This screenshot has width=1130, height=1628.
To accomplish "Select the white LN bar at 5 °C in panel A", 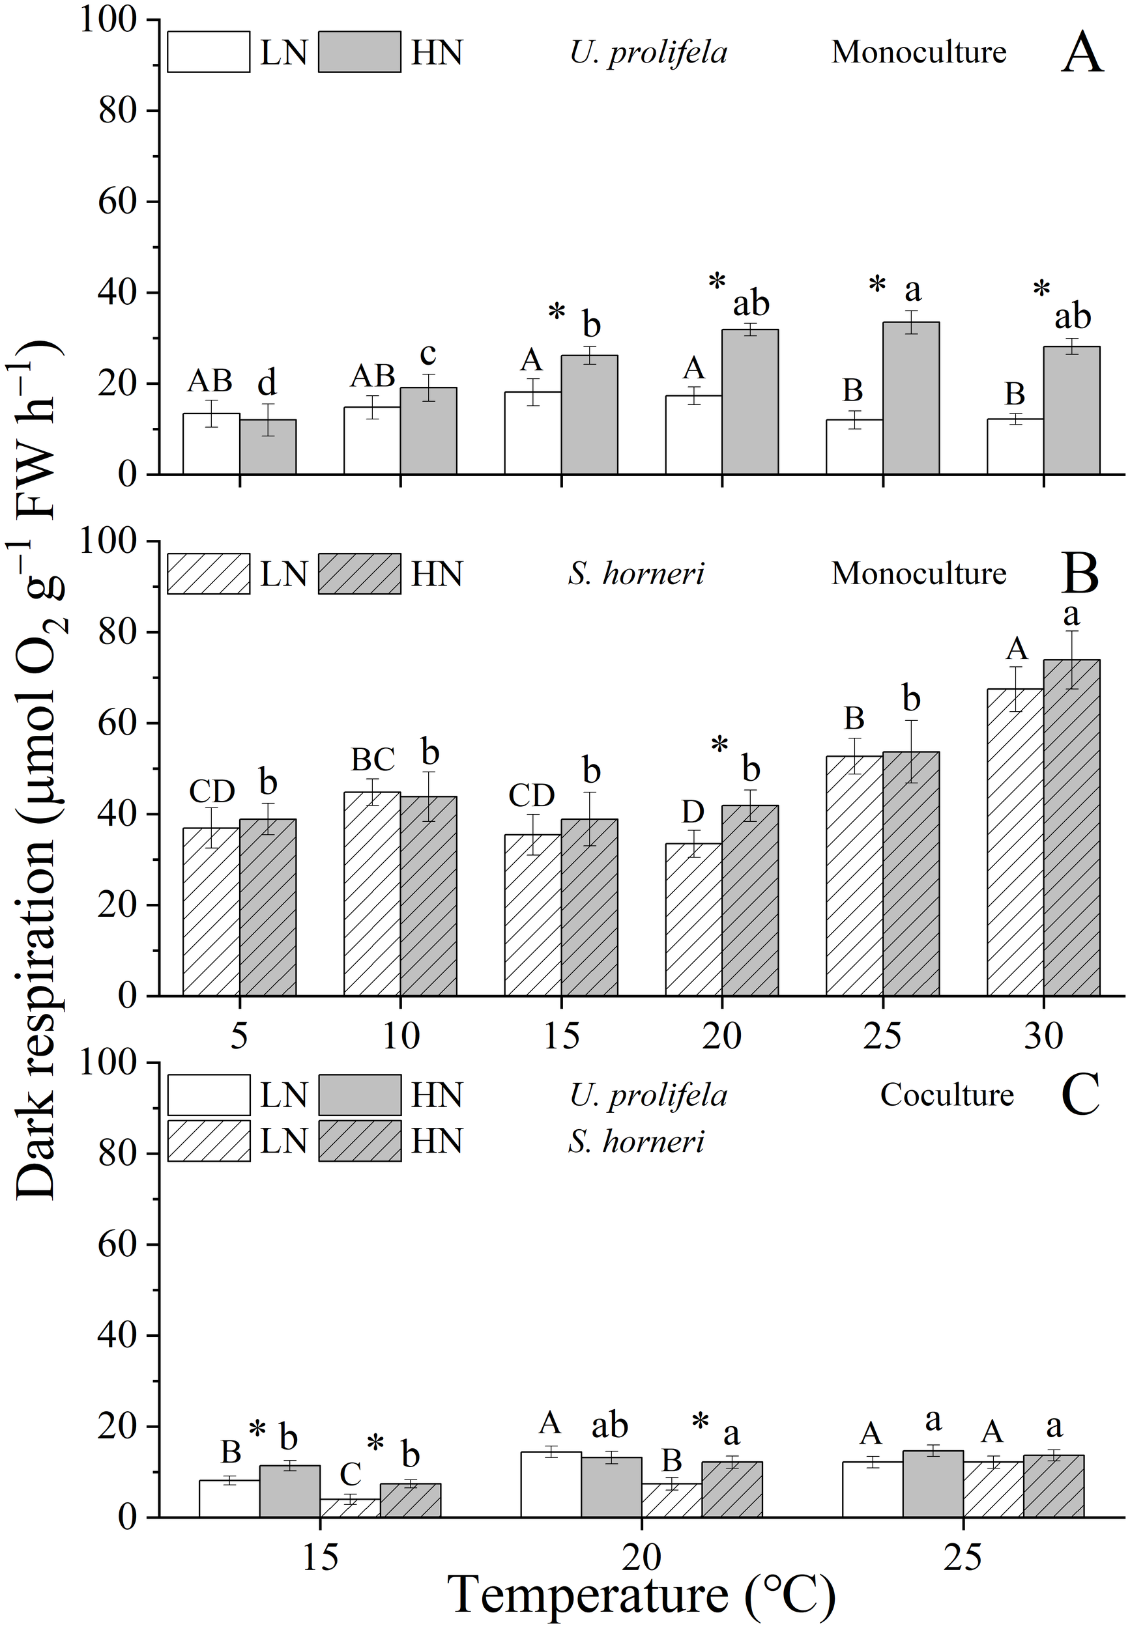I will click(211, 443).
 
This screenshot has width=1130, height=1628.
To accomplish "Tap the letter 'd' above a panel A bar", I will click(267, 383).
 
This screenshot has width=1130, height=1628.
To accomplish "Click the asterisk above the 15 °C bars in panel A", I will click(557, 312).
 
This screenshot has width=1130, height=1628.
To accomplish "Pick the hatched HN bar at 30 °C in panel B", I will click(1071, 828).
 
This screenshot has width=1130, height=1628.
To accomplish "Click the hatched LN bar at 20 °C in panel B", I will click(693, 919).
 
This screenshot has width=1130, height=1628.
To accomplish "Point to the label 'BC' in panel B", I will click(373, 759).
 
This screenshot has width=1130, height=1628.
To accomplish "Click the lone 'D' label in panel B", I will click(693, 812).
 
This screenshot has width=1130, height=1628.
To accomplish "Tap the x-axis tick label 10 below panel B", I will click(401, 1037).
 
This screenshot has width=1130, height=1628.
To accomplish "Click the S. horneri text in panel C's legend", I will click(636, 1140).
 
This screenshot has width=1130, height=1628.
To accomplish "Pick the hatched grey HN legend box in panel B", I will click(360, 573).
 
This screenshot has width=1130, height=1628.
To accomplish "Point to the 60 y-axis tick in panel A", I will click(117, 203).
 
